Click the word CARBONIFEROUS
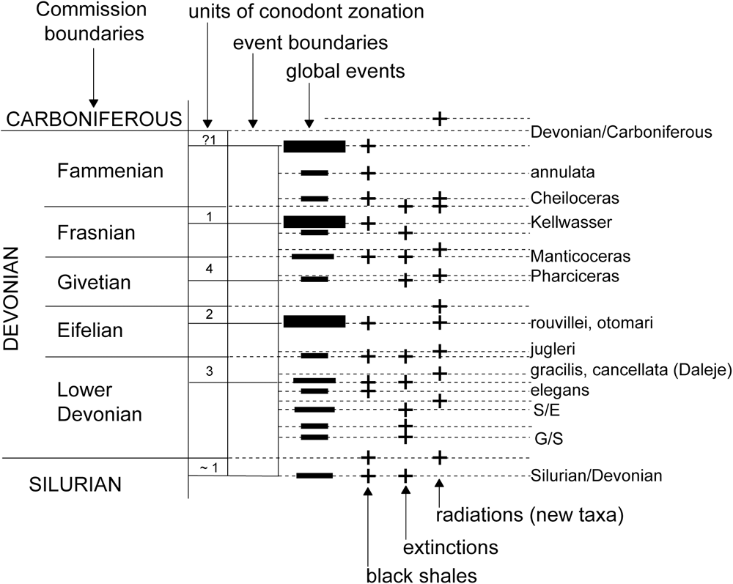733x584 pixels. [93, 118]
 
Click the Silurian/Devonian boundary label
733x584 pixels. [596, 476]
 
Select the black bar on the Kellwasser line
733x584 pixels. [314, 221]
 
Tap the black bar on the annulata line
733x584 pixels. [314, 174]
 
